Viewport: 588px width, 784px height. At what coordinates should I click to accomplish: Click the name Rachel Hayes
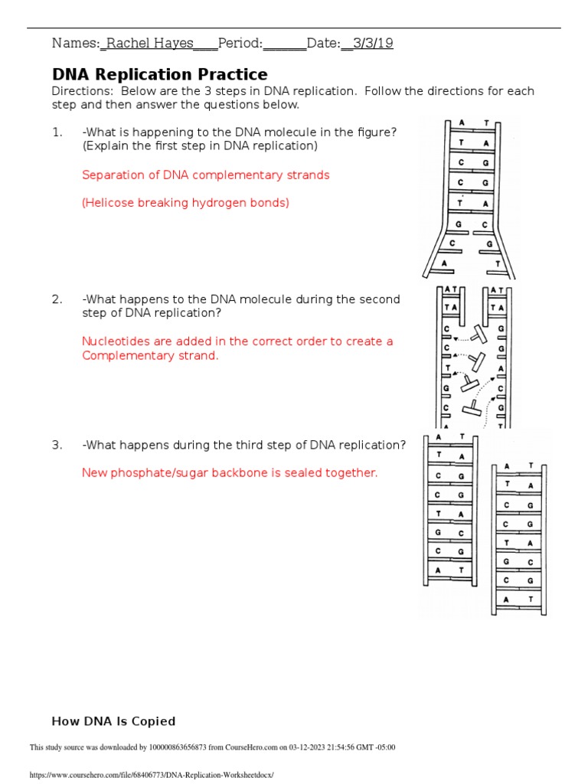tap(149, 44)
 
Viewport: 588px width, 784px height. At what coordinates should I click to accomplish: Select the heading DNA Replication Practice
tap(159, 74)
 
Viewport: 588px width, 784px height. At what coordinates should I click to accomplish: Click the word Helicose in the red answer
tap(111, 203)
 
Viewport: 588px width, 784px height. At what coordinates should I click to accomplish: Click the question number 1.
tap(57, 132)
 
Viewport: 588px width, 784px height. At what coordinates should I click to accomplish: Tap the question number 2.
tap(57, 299)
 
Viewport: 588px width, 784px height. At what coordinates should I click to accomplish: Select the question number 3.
tap(57, 445)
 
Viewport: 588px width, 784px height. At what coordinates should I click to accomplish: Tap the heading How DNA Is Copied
tap(113, 721)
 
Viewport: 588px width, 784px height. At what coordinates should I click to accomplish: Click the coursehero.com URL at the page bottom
tap(151, 775)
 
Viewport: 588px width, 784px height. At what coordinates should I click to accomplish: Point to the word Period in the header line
tap(240, 44)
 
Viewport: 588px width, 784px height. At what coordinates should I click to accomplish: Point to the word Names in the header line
tap(74, 44)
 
